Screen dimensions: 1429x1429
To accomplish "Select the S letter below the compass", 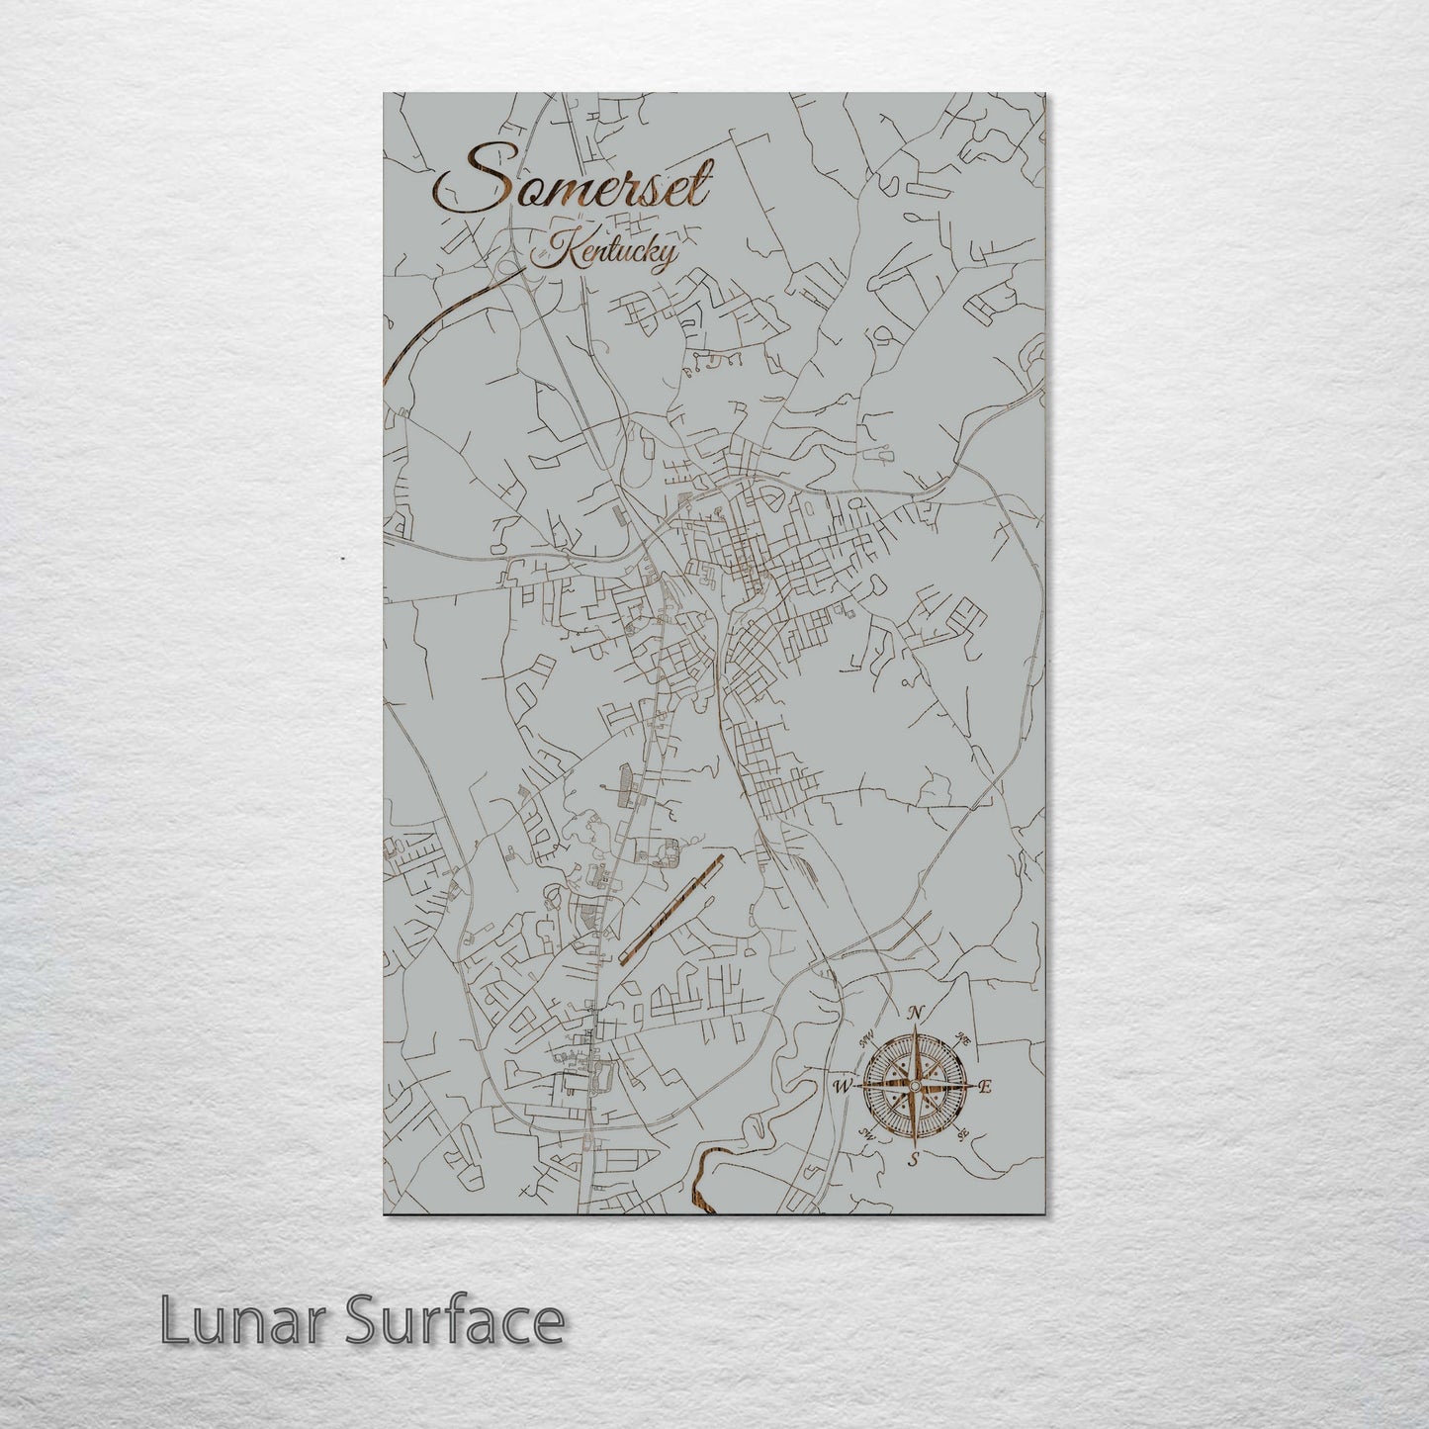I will coord(915,1159).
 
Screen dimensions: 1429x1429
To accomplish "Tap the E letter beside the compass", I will coord(986,1088).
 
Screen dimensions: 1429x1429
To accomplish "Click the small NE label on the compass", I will coord(961,1038).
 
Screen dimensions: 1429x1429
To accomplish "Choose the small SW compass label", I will coord(868,1135).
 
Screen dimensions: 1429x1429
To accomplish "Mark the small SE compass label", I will coord(960,1134).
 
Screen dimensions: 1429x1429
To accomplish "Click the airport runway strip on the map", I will coord(671,908).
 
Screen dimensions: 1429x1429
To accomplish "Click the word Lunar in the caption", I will coord(223,1321).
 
